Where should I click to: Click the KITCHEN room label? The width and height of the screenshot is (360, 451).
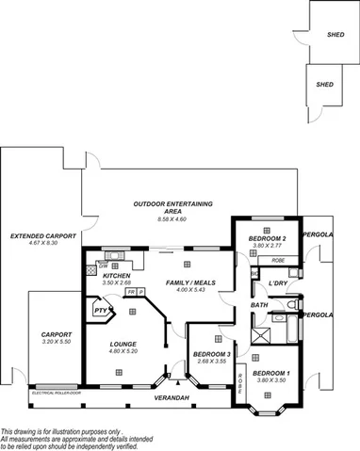pyautogui.click(x=116, y=276)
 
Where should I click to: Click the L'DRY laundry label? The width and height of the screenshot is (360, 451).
pyautogui.click(x=277, y=282)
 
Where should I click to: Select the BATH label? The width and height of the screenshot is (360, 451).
pyautogui.click(x=259, y=305)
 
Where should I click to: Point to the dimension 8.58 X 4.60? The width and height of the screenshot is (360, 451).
pyautogui.click(x=172, y=218)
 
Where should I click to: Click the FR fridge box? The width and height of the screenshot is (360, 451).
pyautogui.click(x=130, y=293)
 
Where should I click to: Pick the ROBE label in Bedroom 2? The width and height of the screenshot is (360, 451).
pyautogui.click(x=277, y=259)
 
